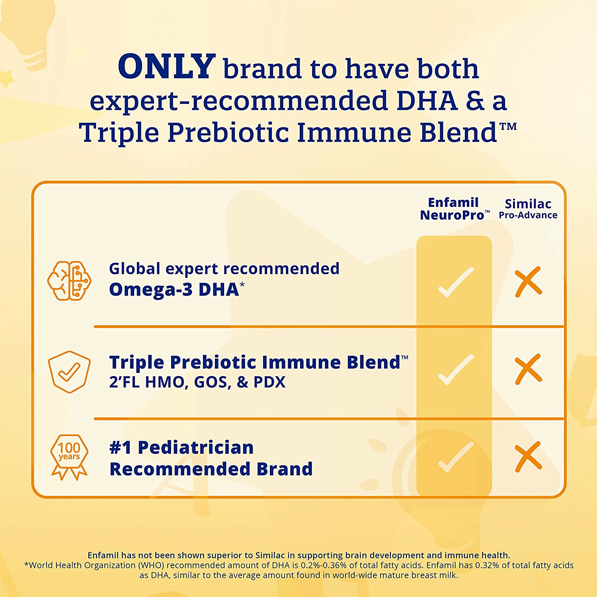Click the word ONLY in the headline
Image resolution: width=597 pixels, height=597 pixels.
[x=167, y=66]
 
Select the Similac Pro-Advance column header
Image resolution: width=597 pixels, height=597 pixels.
[x=528, y=209]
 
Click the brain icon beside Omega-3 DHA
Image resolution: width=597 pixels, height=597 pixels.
[x=69, y=281]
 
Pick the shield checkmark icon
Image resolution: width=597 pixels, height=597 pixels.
[x=69, y=372]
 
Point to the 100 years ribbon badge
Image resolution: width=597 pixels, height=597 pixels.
[x=69, y=457]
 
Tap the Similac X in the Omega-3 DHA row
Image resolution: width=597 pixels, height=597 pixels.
[x=528, y=282]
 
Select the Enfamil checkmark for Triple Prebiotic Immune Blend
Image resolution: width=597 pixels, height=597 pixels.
[x=456, y=370]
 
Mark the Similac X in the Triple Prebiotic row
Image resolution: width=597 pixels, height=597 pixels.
[x=528, y=369]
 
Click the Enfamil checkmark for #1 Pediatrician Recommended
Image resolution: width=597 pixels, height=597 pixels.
[x=456, y=457]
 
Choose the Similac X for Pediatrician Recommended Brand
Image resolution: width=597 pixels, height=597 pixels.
[x=528, y=457]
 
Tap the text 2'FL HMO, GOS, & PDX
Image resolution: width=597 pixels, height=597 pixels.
[x=197, y=382]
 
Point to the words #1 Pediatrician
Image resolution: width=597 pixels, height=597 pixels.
[x=181, y=448]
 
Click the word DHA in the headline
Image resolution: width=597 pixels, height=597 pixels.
[x=427, y=100]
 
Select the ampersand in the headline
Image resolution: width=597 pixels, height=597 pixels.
[x=475, y=101]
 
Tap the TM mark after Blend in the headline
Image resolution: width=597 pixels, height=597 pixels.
[x=508, y=127]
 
